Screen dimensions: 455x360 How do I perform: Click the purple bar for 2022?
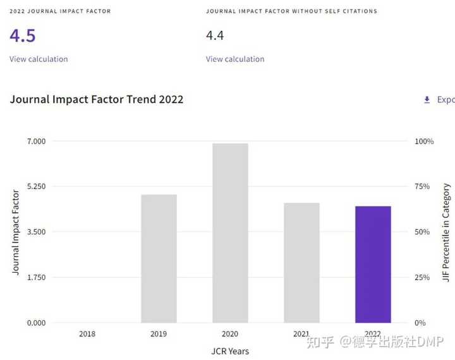373,264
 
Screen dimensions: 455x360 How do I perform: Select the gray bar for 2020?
230,233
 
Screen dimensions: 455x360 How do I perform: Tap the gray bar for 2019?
159,258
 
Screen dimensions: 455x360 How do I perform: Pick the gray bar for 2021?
301,263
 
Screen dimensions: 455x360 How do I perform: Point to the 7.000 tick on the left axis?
36,141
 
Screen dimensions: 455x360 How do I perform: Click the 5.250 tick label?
36,186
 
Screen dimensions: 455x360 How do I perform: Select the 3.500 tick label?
36,232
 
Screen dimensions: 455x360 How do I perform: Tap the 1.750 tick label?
36,277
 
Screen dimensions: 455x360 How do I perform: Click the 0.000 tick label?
36,323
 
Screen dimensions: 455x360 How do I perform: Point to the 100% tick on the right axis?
424,141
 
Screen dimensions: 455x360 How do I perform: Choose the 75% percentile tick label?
422,186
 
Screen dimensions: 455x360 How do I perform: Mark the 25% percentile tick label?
422,277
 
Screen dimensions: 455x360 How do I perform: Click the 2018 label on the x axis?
87,334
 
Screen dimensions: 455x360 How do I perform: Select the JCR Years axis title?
230,351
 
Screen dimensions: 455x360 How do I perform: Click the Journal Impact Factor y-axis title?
15,232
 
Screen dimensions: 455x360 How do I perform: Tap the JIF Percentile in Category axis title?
446,232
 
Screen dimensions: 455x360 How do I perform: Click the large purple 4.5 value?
23,35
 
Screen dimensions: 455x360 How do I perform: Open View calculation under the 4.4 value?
235,59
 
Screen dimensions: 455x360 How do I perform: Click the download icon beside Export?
427,100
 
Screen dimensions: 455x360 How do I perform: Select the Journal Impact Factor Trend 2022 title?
97,100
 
